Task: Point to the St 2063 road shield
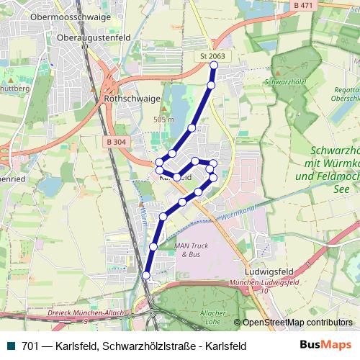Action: point(213,56)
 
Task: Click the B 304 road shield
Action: point(114,122)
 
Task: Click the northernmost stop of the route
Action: point(214,66)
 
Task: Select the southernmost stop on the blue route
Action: point(146,275)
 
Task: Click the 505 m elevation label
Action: point(163,119)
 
